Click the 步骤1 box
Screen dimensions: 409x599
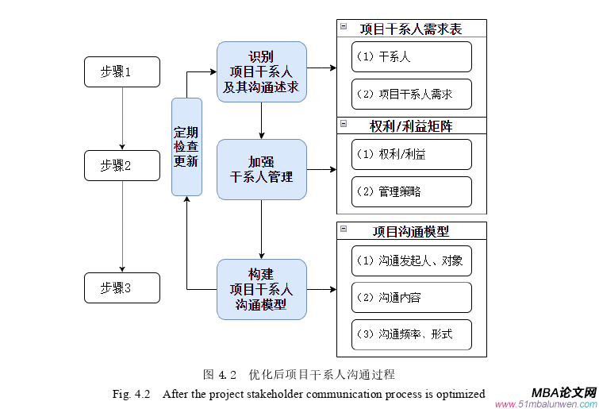(x=121, y=71)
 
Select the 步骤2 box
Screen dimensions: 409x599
(x=121, y=165)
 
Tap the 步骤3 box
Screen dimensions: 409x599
(x=121, y=287)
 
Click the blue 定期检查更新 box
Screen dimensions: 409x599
(x=186, y=147)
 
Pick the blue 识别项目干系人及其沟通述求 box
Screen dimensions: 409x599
(x=262, y=71)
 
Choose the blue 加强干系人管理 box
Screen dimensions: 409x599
(x=262, y=169)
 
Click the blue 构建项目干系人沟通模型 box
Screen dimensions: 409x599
(x=262, y=289)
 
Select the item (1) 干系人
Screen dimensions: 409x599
(x=411, y=56)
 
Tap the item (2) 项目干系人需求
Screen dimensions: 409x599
(x=411, y=94)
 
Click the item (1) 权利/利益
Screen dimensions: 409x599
(x=411, y=154)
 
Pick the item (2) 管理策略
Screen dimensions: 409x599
(x=411, y=191)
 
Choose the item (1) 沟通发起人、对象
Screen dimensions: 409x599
(x=411, y=260)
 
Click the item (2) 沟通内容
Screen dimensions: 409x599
(x=411, y=297)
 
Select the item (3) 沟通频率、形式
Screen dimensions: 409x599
(x=411, y=334)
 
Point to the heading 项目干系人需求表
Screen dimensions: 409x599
(x=411, y=29)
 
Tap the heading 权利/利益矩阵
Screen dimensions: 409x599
(x=411, y=125)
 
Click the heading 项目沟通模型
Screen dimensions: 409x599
(x=411, y=231)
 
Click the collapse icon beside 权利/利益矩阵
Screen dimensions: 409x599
(x=344, y=123)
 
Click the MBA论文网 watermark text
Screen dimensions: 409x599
(x=564, y=392)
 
